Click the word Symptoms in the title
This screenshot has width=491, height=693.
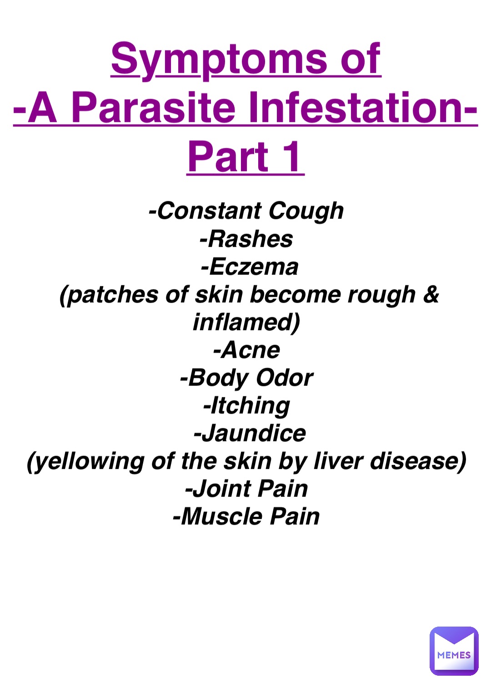(218, 59)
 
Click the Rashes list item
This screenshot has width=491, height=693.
(246, 239)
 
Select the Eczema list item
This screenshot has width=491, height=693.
(250, 267)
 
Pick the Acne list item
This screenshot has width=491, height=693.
(246, 350)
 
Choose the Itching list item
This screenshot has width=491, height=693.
(246, 406)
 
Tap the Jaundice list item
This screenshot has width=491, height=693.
(250, 434)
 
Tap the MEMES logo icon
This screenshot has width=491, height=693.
(454, 651)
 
